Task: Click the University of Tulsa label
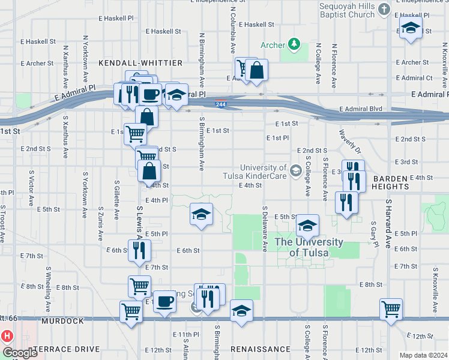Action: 309,247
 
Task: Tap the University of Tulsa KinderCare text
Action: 263,172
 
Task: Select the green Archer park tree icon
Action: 294,44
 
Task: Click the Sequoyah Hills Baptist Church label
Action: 347,10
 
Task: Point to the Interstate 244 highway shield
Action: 221,103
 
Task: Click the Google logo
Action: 20,353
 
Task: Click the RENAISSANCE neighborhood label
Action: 261,349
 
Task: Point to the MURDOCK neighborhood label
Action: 63,322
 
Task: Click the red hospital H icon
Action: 7,336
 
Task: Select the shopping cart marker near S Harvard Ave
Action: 391,310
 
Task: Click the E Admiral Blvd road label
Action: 360,109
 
